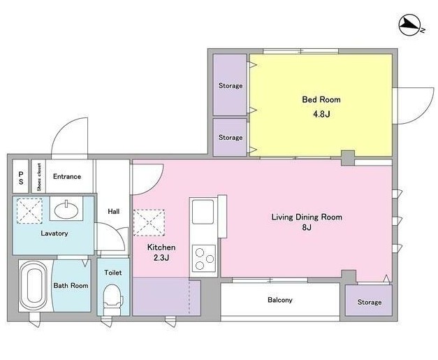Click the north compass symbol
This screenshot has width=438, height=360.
[x=409, y=26]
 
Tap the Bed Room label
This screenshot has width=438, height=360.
[x=321, y=99]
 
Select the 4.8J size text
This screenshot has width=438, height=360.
[x=321, y=114]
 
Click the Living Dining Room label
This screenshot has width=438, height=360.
[x=307, y=217]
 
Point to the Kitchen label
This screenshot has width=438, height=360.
[x=161, y=247]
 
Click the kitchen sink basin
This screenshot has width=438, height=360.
[x=203, y=212]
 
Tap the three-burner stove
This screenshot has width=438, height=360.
[x=204, y=259]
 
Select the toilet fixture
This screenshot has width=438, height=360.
[x=113, y=300]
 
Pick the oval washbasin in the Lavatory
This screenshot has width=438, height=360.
[x=66, y=210]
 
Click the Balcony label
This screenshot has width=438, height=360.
[x=280, y=300]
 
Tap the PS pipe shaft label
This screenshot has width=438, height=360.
[x=21, y=178]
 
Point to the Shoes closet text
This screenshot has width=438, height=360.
[x=39, y=177]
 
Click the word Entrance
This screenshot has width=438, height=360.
[x=67, y=176]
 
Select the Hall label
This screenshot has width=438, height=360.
[x=114, y=212]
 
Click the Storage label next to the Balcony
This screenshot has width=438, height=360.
[x=370, y=302]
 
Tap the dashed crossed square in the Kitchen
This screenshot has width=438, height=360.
[x=149, y=223]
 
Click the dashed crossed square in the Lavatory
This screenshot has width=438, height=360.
[x=29, y=210]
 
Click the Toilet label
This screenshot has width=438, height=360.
[x=113, y=273]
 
